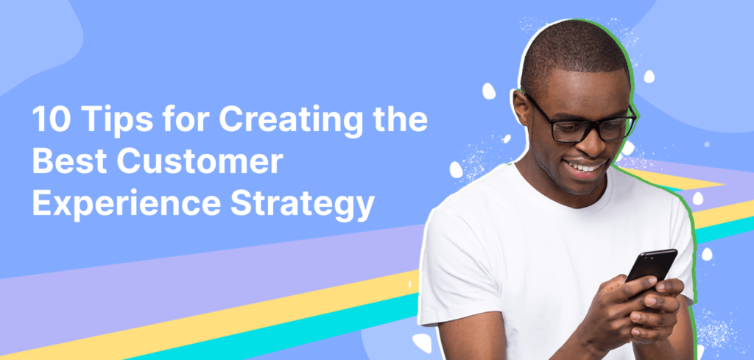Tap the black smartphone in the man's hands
coord(650,265)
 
